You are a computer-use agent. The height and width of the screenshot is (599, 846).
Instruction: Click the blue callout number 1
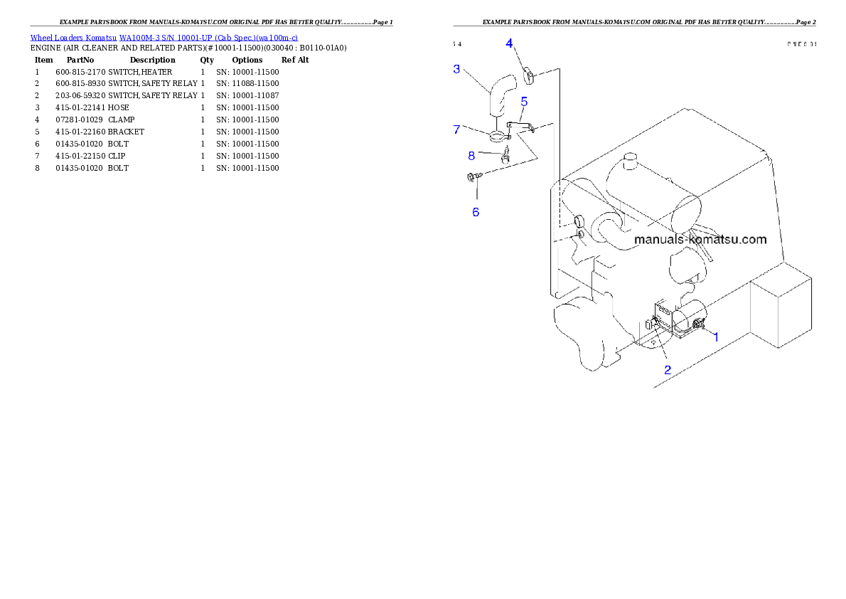coord(716,337)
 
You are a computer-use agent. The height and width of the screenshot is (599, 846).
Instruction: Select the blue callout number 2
coord(668,369)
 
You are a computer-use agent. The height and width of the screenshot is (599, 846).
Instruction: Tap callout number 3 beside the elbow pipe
coord(457,69)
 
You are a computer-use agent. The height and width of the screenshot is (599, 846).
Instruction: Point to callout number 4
coord(509,43)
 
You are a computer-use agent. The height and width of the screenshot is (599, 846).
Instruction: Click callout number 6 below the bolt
coord(476,212)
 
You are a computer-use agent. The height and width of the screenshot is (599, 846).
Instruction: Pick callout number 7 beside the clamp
coord(457,129)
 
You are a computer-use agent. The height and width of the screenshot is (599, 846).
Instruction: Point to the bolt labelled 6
coord(472,176)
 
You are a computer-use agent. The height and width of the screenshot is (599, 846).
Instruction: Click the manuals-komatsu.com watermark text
coord(700,239)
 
